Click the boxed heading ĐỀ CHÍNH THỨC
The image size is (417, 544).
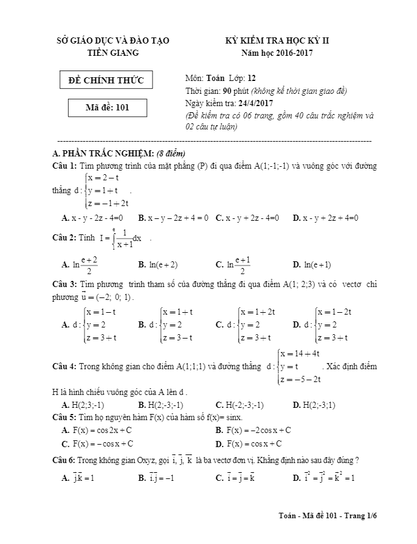[106, 80]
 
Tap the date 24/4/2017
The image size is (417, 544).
[257, 104]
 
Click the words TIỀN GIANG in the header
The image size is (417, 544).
[113, 53]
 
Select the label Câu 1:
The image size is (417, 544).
[65, 166]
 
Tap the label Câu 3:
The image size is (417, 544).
[65, 285]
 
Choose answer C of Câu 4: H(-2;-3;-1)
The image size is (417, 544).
[239, 405]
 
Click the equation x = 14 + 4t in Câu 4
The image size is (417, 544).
[301, 354]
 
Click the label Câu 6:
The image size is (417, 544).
[65, 460]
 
